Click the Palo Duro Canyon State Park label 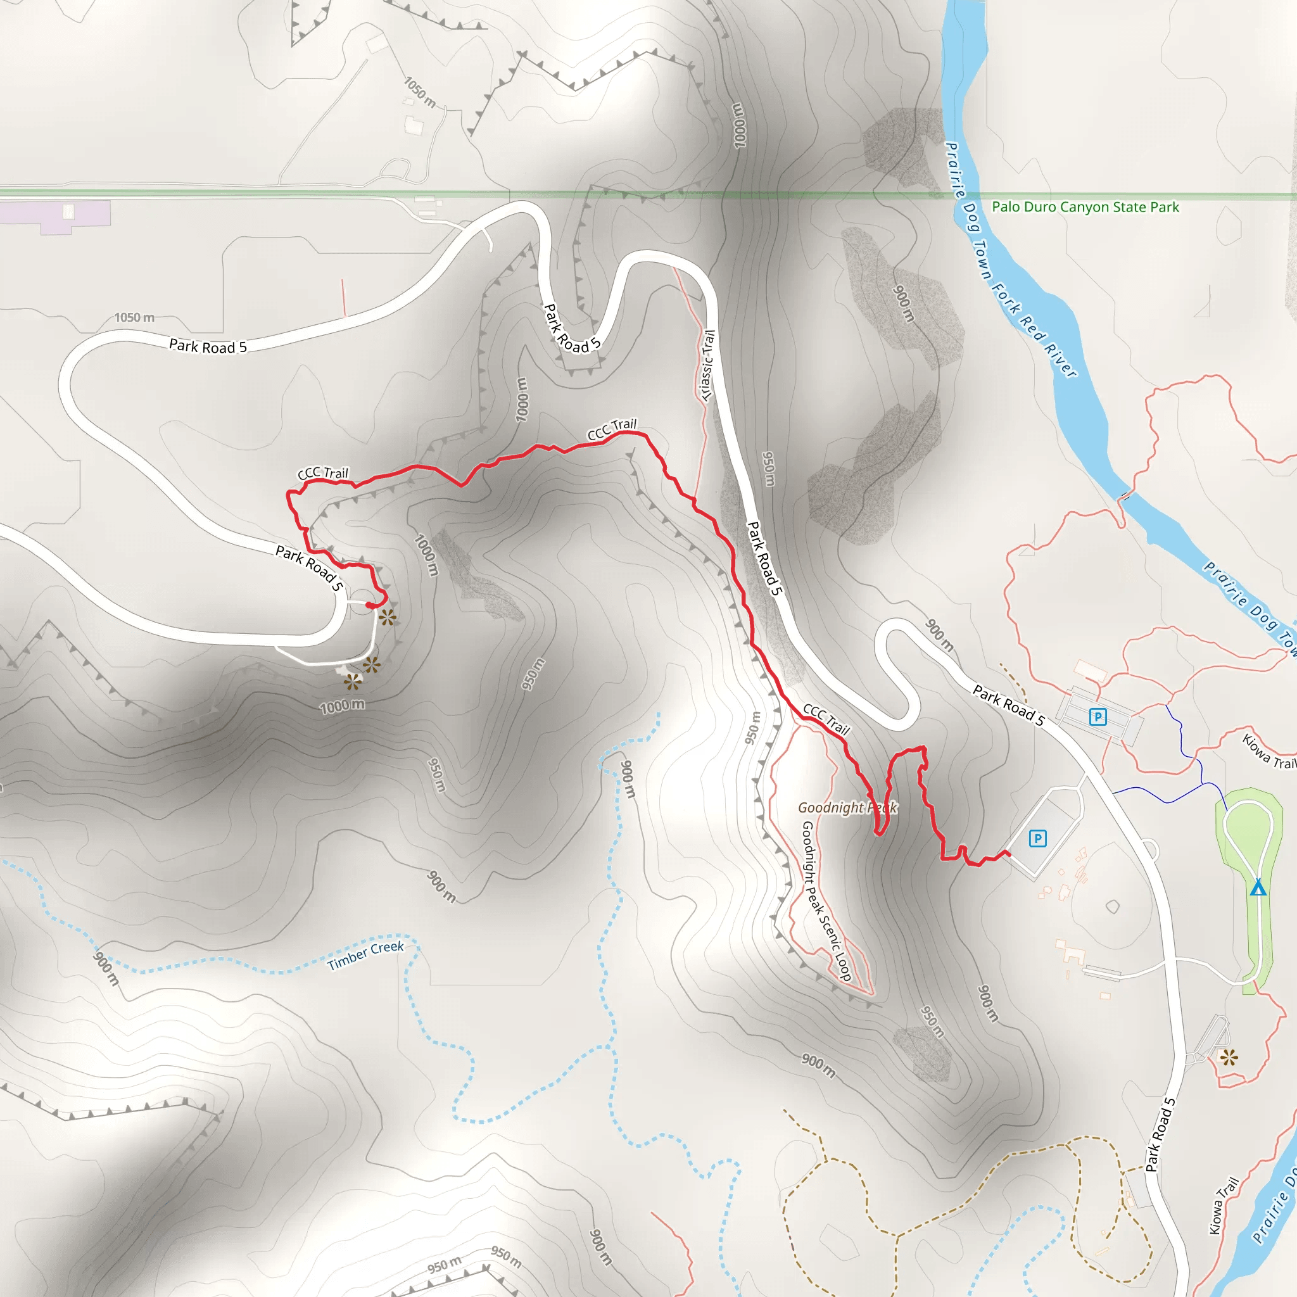[x=1085, y=206]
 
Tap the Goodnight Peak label [x=847, y=807]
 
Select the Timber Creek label [x=365, y=956]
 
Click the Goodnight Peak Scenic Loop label [x=826, y=901]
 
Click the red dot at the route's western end [x=369, y=605]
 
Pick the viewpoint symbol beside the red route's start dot [x=388, y=617]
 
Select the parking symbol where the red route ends [x=1038, y=838]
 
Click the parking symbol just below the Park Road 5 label [x=1098, y=717]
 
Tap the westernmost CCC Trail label [x=323, y=473]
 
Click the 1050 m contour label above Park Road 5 [x=134, y=317]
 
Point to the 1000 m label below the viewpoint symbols [x=343, y=706]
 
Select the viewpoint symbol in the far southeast [x=1229, y=1059]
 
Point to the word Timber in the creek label [x=348, y=961]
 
